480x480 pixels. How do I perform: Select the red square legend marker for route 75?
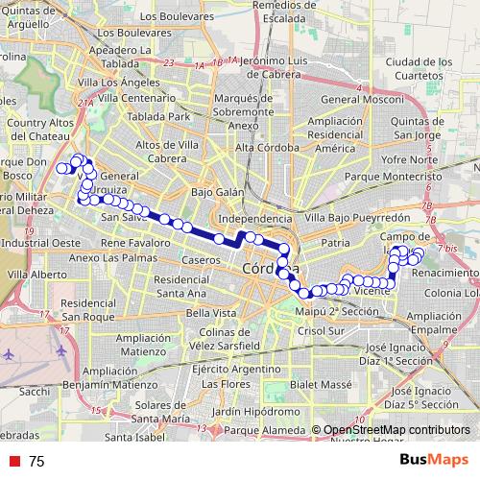(12, 462)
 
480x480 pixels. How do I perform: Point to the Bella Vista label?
(211, 313)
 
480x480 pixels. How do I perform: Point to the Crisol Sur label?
(322, 330)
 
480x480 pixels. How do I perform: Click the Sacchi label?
(34, 392)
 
